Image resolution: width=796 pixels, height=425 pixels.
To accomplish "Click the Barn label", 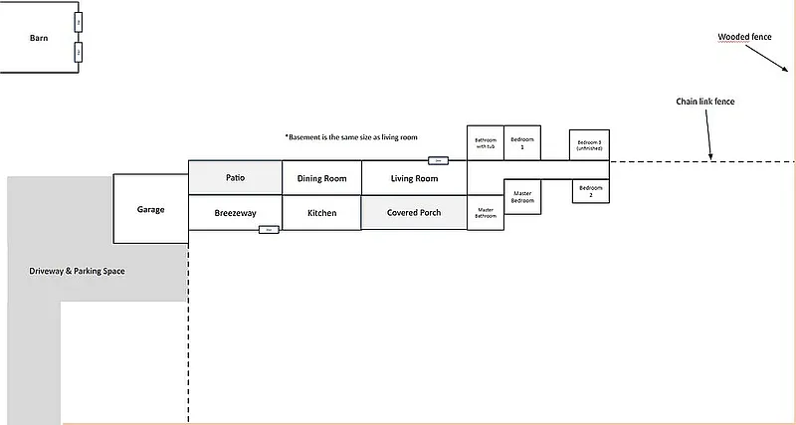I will pos(39,38).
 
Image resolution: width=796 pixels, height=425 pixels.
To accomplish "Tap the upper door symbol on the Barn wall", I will pos(79,22).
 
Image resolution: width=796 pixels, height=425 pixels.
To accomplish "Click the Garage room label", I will pos(150,209).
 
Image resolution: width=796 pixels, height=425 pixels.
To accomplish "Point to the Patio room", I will pos(236,178).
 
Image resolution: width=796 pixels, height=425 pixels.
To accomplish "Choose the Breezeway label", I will pos(236,213).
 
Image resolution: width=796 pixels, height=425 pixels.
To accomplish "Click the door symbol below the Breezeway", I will pos(268,230).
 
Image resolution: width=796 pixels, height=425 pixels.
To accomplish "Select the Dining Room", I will pos(321,179).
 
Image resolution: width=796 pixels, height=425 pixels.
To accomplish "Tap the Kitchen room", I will pos(321,213).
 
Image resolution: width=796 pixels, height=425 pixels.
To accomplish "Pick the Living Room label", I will pos(414,179).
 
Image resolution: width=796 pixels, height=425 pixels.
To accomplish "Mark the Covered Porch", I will pos(414,213).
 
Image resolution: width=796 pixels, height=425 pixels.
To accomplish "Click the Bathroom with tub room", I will pos(486,143).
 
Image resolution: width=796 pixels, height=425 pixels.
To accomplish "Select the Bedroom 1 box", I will pos(523,143).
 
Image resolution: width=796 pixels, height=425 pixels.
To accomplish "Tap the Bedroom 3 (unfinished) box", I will pos(590,144).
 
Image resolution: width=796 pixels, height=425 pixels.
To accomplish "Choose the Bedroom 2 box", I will pos(591,190).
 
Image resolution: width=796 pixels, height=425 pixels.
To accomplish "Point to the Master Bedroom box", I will pos(523,196).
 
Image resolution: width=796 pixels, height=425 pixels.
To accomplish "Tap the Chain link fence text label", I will pos(704,102).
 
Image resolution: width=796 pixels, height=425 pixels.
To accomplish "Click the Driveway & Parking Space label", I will pos(77,271).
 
